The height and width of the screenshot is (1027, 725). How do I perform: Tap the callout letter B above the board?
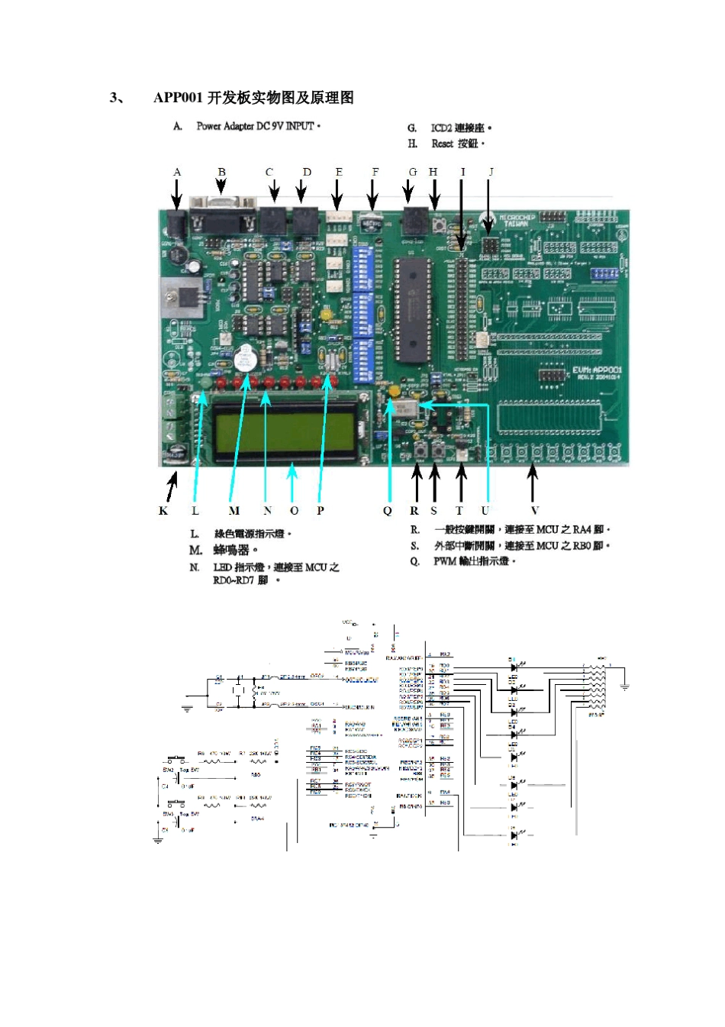point(221,172)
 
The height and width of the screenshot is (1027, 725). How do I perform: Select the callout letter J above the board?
point(491,172)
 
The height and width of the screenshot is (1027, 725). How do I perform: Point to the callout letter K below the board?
point(163,510)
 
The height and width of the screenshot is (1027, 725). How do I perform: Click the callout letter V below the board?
point(534,510)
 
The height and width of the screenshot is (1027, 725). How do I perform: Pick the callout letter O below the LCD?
point(294,510)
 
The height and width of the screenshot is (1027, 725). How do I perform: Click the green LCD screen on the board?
point(284,428)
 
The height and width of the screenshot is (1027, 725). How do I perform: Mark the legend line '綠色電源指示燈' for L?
point(252,533)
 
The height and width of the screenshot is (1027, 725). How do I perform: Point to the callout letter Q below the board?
point(388,510)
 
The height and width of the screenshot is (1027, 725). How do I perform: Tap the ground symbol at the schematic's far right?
point(624,687)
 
